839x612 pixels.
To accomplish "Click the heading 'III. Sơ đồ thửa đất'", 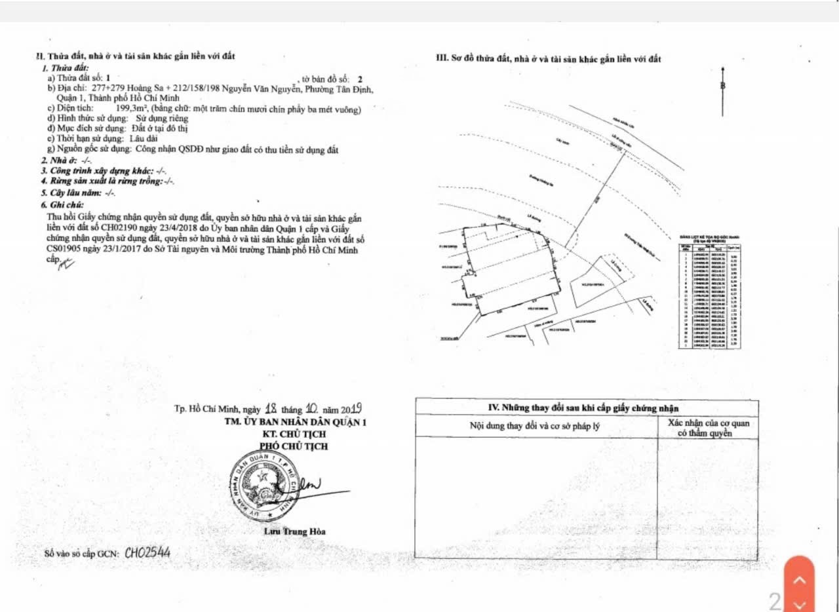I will click(x=549, y=59).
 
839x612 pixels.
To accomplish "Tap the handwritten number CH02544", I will click(x=147, y=553).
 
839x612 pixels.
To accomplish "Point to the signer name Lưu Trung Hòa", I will click(x=294, y=531).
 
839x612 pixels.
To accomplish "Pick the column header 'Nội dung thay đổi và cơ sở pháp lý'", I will click(x=536, y=427).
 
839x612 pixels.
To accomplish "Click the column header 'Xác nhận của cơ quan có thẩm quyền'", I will click(x=709, y=428).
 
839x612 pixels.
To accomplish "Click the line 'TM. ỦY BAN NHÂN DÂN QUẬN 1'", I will click(x=295, y=423).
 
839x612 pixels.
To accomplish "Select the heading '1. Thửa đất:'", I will click(x=65, y=68).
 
